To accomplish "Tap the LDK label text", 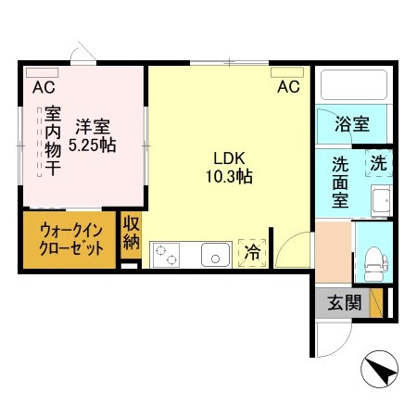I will coord(229,158).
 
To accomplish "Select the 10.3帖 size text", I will coord(229,175).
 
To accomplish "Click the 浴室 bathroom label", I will coord(353,123).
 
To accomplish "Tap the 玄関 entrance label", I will coord(340,303).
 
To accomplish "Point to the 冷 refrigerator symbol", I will coord(251,249).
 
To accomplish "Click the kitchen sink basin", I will coord(216,252).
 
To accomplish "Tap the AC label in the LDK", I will coord(288,88).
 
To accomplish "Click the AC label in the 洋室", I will coord(43,89).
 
